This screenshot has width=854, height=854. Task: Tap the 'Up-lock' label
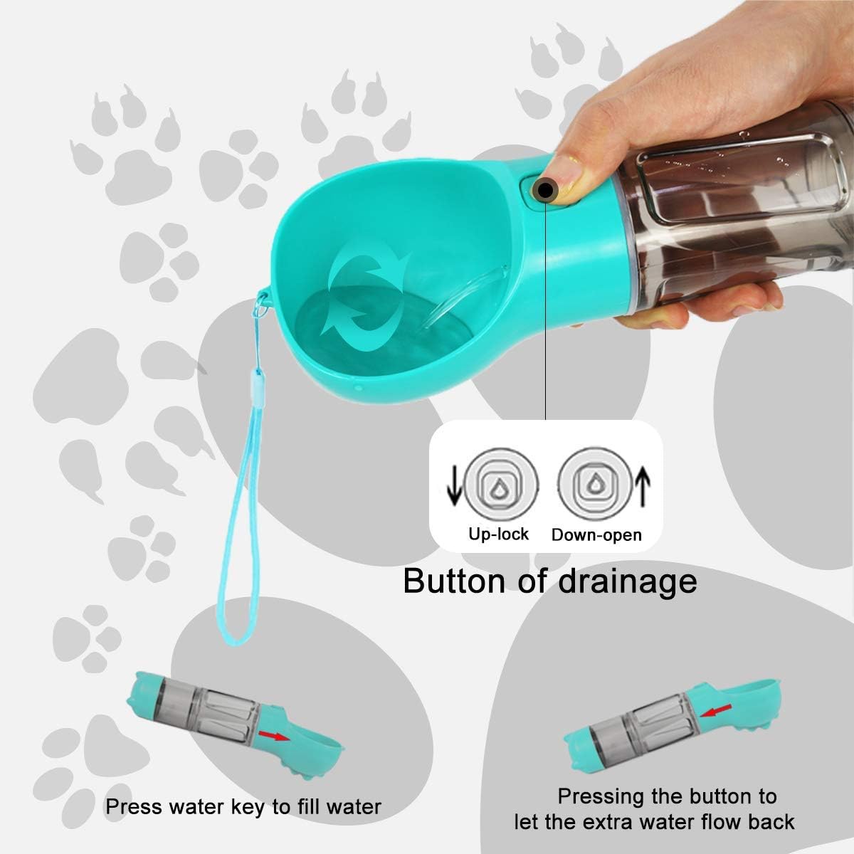click(498, 534)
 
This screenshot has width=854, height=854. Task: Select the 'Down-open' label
click(596, 534)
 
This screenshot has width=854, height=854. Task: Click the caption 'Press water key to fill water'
click(243, 806)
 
